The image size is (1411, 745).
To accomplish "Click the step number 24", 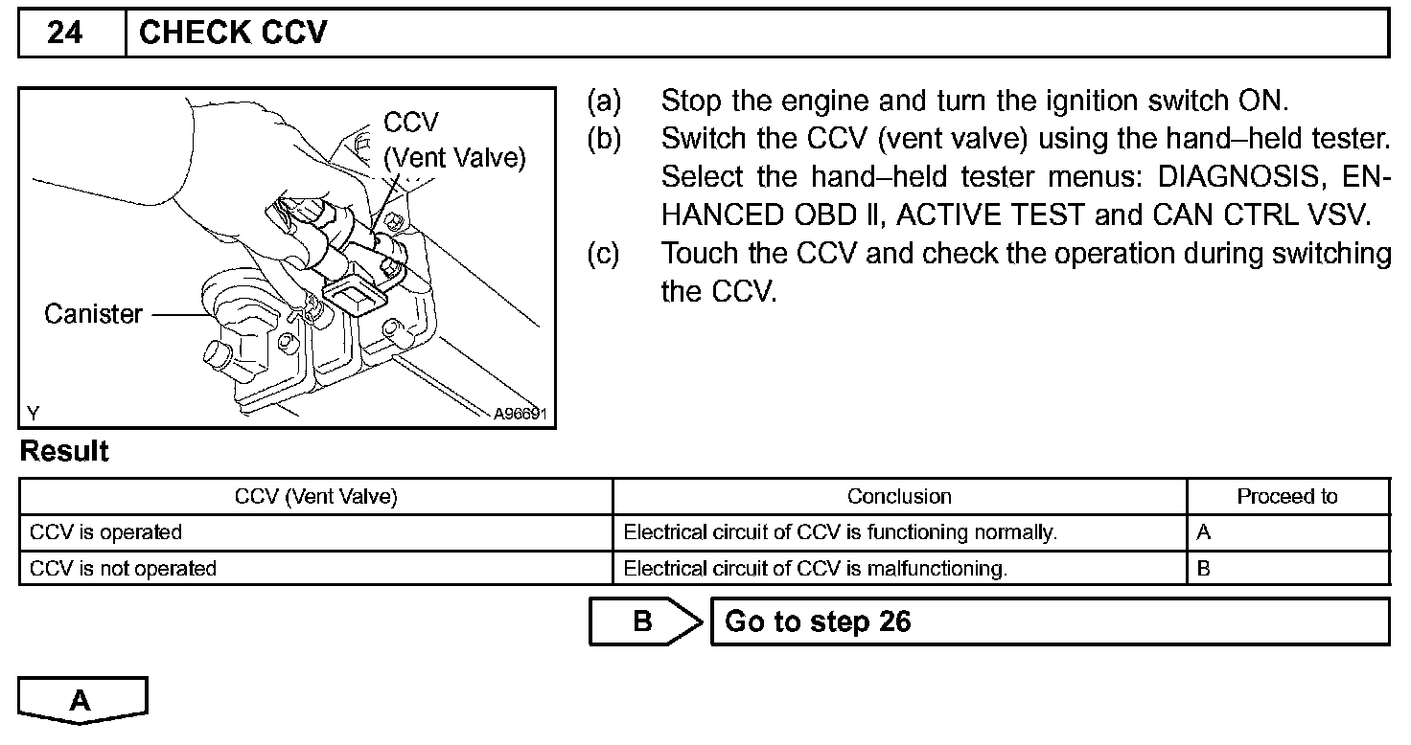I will pyautogui.click(x=65, y=34).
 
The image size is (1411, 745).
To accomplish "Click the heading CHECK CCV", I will pyautogui.click(x=233, y=34).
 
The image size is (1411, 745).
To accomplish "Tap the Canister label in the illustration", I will pyautogui.click(x=93, y=314).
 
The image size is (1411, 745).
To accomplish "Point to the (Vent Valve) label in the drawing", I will pyautogui.click(x=454, y=158).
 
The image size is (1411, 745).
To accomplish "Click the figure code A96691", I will pyautogui.click(x=520, y=415).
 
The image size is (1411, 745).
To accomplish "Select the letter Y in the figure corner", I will pyautogui.click(x=34, y=414).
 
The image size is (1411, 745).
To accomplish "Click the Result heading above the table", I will pyautogui.click(x=64, y=452).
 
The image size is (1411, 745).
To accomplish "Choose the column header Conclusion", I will pyautogui.click(x=899, y=496).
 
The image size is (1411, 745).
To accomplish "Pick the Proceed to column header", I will pyautogui.click(x=1286, y=496).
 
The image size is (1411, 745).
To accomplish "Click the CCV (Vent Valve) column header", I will pyautogui.click(x=315, y=496).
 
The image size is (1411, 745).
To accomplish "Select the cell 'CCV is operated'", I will pyautogui.click(x=105, y=532).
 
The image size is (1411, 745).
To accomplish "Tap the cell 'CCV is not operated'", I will pyautogui.click(x=123, y=569).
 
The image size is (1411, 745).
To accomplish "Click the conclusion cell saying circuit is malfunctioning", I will pyautogui.click(x=815, y=569).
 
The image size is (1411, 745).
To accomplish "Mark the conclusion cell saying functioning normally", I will pyautogui.click(x=840, y=532).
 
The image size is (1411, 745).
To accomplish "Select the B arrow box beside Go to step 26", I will pyautogui.click(x=642, y=621).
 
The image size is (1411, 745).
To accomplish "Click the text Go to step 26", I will pyautogui.click(x=818, y=621).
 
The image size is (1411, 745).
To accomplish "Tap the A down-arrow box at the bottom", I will pyautogui.click(x=81, y=700).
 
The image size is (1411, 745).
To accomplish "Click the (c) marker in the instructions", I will pyautogui.click(x=604, y=254).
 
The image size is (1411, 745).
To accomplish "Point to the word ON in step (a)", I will pyautogui.click(x=1266, y=101).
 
